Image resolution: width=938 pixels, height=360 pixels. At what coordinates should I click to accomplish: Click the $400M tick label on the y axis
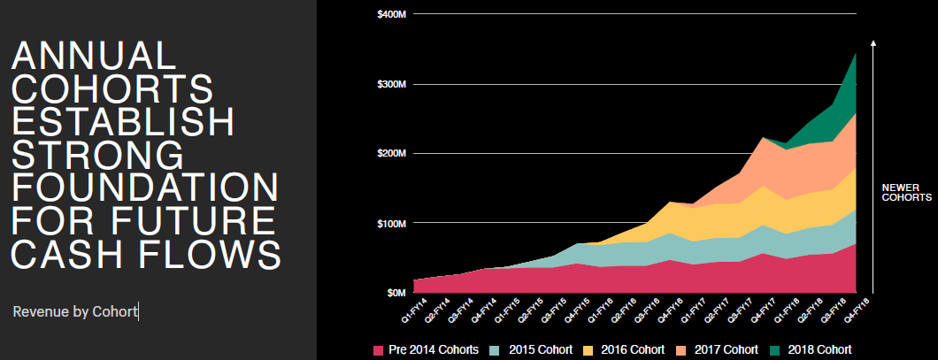click(x=391, y=14)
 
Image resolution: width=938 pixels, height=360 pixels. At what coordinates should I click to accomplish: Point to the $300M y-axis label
click(x=391, y=84)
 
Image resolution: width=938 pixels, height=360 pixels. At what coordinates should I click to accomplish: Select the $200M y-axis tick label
click(x=391, y=153)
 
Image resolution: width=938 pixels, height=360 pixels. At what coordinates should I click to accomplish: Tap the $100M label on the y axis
click(x=391, y=222)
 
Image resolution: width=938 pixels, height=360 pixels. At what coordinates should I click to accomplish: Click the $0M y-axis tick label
click(x=396, y=292)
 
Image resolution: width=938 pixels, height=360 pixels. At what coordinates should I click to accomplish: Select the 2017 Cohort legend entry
click(x=724, y=349)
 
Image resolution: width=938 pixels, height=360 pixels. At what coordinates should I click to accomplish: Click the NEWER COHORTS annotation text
click(x=906, y=193)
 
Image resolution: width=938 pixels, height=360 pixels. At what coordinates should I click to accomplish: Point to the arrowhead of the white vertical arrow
click(x=873, y=42)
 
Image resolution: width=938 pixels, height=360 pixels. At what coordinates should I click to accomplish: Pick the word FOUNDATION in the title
click(x=145, y=188)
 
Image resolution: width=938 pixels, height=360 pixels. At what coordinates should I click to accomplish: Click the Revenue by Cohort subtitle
click(x=75, y=311)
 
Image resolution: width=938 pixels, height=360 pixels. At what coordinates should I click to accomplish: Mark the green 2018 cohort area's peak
click(x=856, y=55)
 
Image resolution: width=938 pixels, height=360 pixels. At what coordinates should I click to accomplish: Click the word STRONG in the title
click(x=97, y=155)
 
